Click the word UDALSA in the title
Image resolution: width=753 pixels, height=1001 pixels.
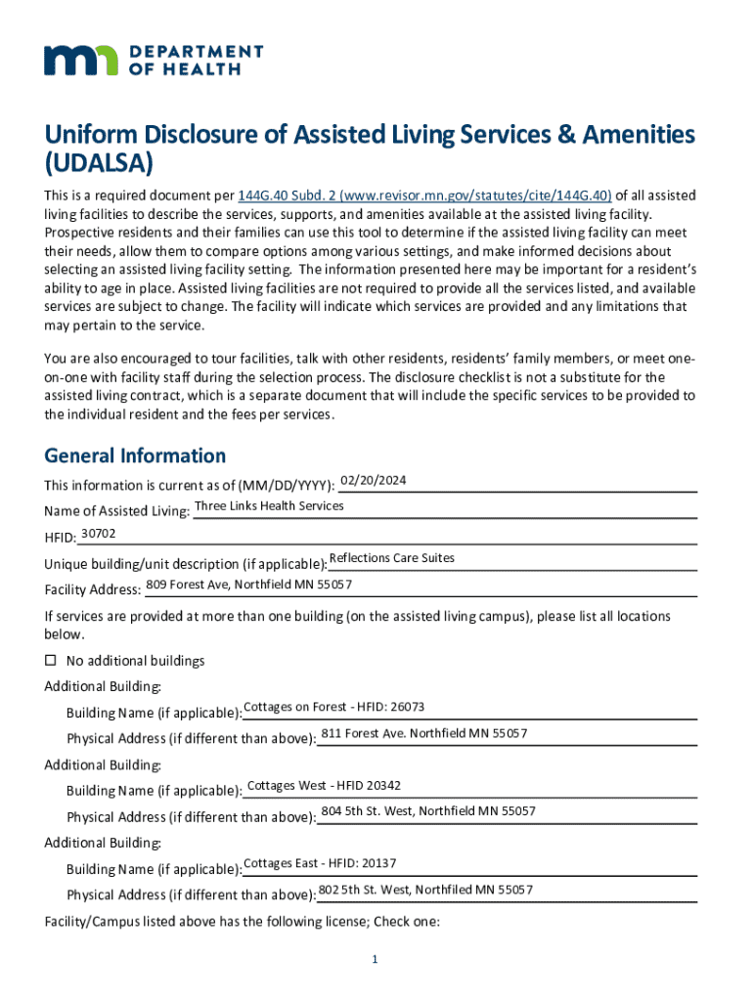[100, 162]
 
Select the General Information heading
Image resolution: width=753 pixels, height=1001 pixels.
[135, 456]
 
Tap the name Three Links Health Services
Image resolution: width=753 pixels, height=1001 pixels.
[269, 505]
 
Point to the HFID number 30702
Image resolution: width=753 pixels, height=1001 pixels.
[99, 533]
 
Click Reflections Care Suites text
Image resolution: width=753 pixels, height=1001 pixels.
[391, 558]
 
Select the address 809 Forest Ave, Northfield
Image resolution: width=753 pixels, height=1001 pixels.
[248, 585]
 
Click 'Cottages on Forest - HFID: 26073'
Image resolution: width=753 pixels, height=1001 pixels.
[333, 707]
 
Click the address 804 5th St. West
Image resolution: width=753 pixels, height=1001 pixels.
[427, 811]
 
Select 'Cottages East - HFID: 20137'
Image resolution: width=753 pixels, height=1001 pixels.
[319, 863]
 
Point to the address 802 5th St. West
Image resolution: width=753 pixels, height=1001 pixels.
[425, 890]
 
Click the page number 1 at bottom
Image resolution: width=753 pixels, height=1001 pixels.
[375, 960]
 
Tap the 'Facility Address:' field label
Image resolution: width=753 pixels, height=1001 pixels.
[93, 589]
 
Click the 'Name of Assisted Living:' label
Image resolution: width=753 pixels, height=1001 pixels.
[116, 511]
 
